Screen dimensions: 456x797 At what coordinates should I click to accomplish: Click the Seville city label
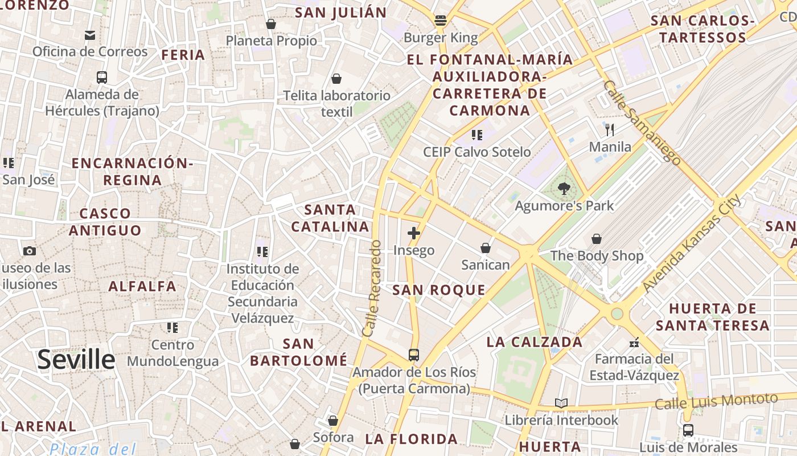click(x=76, y=360)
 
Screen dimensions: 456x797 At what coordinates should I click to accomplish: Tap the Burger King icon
click(x=440, y=21)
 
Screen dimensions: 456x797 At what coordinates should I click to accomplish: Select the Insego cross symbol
click(x=414, y=233)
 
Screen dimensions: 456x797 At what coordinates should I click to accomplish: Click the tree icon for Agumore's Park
click(x=564, y=189)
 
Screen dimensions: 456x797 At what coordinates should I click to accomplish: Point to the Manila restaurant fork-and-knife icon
click(x=610, y=130)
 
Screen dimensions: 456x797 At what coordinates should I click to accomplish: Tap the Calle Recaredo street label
click(x=371, y=288)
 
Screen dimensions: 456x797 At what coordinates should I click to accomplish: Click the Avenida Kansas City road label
click(x=691, y=243)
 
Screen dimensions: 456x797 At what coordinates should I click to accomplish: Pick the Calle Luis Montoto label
click(x=716, y=401)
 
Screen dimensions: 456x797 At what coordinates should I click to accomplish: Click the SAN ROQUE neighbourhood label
click(x=439, y=290)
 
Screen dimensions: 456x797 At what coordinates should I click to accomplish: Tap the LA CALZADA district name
click(x=535, y=342)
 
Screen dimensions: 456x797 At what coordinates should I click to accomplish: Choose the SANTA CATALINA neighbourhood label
click(x=330, y=218)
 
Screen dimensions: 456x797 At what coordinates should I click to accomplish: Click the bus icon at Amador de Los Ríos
click(x=414, y=355)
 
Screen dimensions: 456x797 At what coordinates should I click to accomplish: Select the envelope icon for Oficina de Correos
click(x=90, y=35)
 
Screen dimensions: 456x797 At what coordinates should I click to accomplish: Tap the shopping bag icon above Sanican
click(x=486, y=248)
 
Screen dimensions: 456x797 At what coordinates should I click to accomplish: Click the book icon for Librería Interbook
click(x=561, y=404)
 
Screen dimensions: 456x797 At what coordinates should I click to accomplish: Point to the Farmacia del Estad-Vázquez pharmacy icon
click(x=634, y=343)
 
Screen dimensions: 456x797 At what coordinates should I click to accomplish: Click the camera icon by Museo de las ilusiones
click(x=30, y=251)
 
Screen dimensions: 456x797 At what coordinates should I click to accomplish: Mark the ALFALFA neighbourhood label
click(x=142, y=286)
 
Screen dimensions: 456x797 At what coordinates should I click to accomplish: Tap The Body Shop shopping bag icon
click(x=597, y=239)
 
